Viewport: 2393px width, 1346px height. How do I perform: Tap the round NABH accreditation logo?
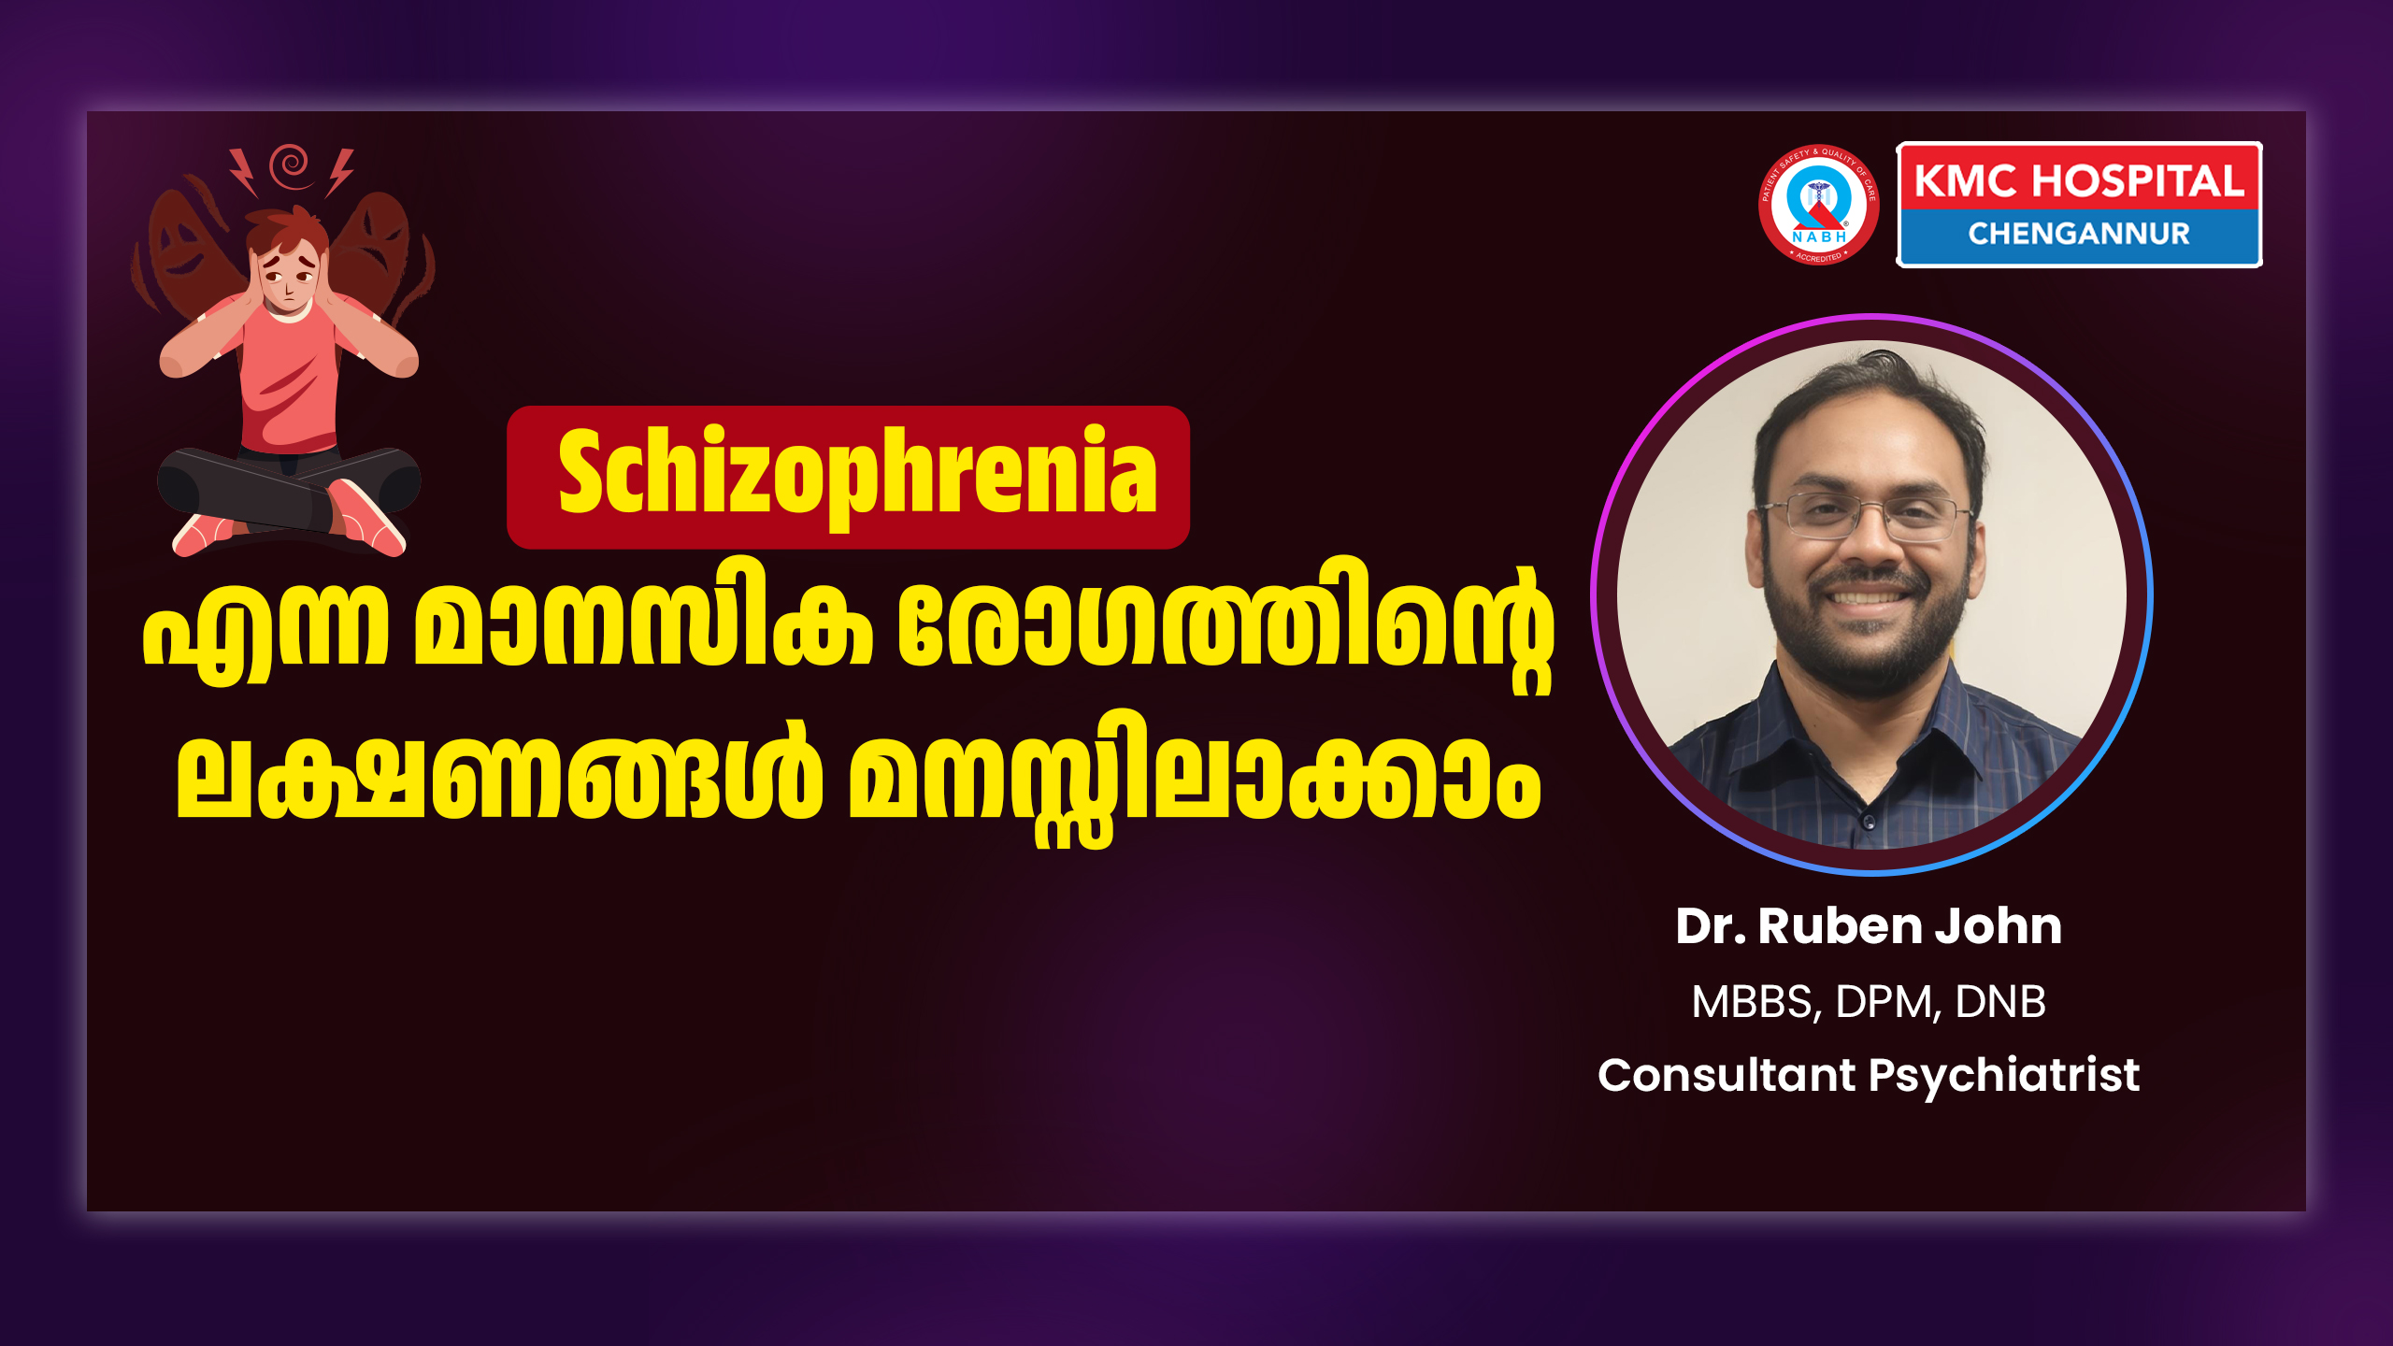(1818, 205)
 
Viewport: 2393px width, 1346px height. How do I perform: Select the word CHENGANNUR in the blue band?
(2079, 234)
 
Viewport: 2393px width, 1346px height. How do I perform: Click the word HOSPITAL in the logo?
(2138, 180)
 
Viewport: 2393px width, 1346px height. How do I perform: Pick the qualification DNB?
(2000, 1002)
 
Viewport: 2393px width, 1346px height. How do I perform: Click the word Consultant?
(1727, 1075)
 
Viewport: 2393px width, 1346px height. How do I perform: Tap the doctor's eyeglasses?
(1866, 517)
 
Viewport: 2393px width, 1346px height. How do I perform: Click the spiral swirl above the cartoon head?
(291, 165)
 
